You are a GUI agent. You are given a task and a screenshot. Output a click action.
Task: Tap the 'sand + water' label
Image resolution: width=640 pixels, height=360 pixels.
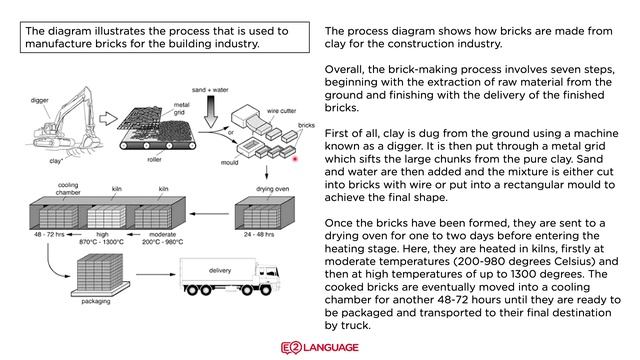[210, 90]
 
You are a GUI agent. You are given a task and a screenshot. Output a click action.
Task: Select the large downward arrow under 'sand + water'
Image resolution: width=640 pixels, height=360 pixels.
[211, 112]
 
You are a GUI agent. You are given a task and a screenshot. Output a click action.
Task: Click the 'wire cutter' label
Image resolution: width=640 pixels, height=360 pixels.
[281, 111]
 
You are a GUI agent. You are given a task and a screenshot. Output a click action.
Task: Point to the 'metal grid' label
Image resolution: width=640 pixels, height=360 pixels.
[181, 109]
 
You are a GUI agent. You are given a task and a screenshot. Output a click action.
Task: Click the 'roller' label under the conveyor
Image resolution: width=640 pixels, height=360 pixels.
[154, 160]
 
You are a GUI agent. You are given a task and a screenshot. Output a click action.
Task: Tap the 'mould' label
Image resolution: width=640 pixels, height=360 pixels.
[229, 162]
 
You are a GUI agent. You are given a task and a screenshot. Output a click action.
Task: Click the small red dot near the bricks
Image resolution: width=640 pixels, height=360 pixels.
[295, 159]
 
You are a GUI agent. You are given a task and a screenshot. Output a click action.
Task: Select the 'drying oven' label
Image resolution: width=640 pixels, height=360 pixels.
[272, 189]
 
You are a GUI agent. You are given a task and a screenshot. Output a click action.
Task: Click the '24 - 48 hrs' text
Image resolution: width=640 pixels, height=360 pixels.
[259, 235]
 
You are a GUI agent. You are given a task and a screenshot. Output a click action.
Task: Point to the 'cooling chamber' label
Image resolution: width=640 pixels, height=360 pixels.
[68, 189]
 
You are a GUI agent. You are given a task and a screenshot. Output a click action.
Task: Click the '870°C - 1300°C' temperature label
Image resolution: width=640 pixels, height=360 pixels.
[101, 242]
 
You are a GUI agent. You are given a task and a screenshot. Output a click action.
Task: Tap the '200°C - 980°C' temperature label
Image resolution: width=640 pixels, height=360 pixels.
[162, 242]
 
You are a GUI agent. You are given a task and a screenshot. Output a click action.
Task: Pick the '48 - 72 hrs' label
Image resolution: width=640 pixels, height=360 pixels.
[49, 235]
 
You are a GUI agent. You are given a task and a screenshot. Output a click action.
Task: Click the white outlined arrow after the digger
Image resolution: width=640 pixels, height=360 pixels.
[108, 119]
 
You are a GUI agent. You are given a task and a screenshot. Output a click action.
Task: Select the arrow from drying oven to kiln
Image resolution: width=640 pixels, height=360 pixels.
[209, 213]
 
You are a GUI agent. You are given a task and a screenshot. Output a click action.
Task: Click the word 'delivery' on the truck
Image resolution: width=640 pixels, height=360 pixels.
[220, 271]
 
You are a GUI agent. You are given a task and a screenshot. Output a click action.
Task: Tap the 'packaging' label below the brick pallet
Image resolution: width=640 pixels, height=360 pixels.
[96, 301]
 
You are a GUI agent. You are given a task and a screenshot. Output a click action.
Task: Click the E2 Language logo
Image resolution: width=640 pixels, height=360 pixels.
[320, 347]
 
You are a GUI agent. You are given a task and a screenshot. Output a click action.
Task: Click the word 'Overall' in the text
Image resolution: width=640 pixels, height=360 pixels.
[343, 69]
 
